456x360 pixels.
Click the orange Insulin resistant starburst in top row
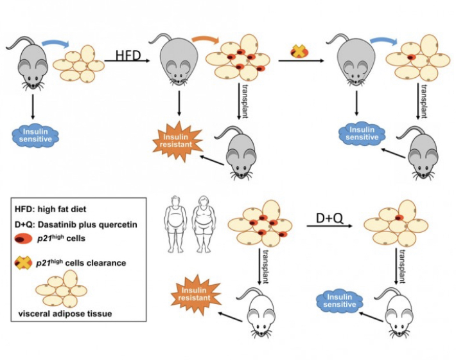(175, 137)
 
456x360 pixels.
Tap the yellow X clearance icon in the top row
(299, 51)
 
